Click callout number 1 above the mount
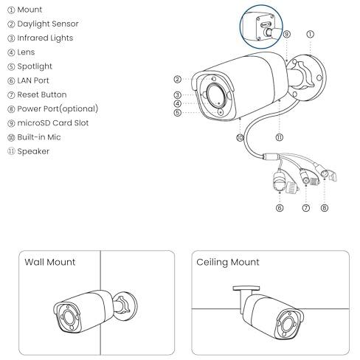point(311,34)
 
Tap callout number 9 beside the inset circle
point(287,34)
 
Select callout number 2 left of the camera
point(177,79)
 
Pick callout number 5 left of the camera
point(177,113)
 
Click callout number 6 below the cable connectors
point(280,208)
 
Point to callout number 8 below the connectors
point(325,208)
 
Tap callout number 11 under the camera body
point(280,137)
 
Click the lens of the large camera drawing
point(216,94)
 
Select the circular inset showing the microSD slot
point(261,27)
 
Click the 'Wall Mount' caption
point(50,262)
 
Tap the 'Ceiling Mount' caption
point(228,262)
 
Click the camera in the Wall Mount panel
point(95,311)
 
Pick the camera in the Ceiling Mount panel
point(269,313)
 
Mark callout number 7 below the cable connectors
point(305,208)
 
